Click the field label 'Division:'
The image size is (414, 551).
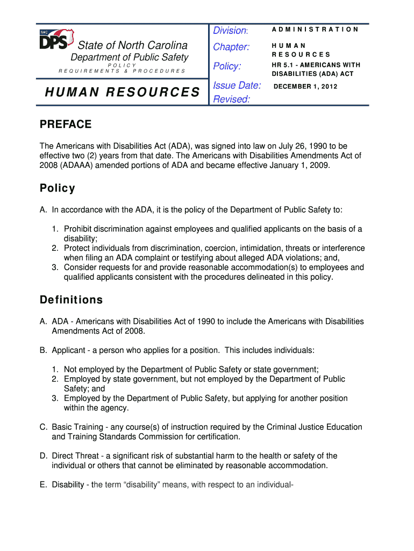click(230, 31)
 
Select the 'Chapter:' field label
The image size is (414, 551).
click(231, 47)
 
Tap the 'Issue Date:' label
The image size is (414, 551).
click(237, 85)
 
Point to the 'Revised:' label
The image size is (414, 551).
click(232, 99)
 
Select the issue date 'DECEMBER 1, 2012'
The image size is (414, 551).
click(305, 86)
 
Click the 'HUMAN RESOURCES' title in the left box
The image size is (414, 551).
click(122, 93)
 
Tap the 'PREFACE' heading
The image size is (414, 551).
click(66, 125)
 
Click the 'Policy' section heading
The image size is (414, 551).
click(58, 188)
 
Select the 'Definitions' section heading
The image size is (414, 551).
click(71, 300)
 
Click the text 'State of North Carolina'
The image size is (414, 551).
click(133, 45)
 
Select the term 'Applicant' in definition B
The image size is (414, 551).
click(68, 350)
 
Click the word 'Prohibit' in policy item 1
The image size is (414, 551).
click(78, 229)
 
